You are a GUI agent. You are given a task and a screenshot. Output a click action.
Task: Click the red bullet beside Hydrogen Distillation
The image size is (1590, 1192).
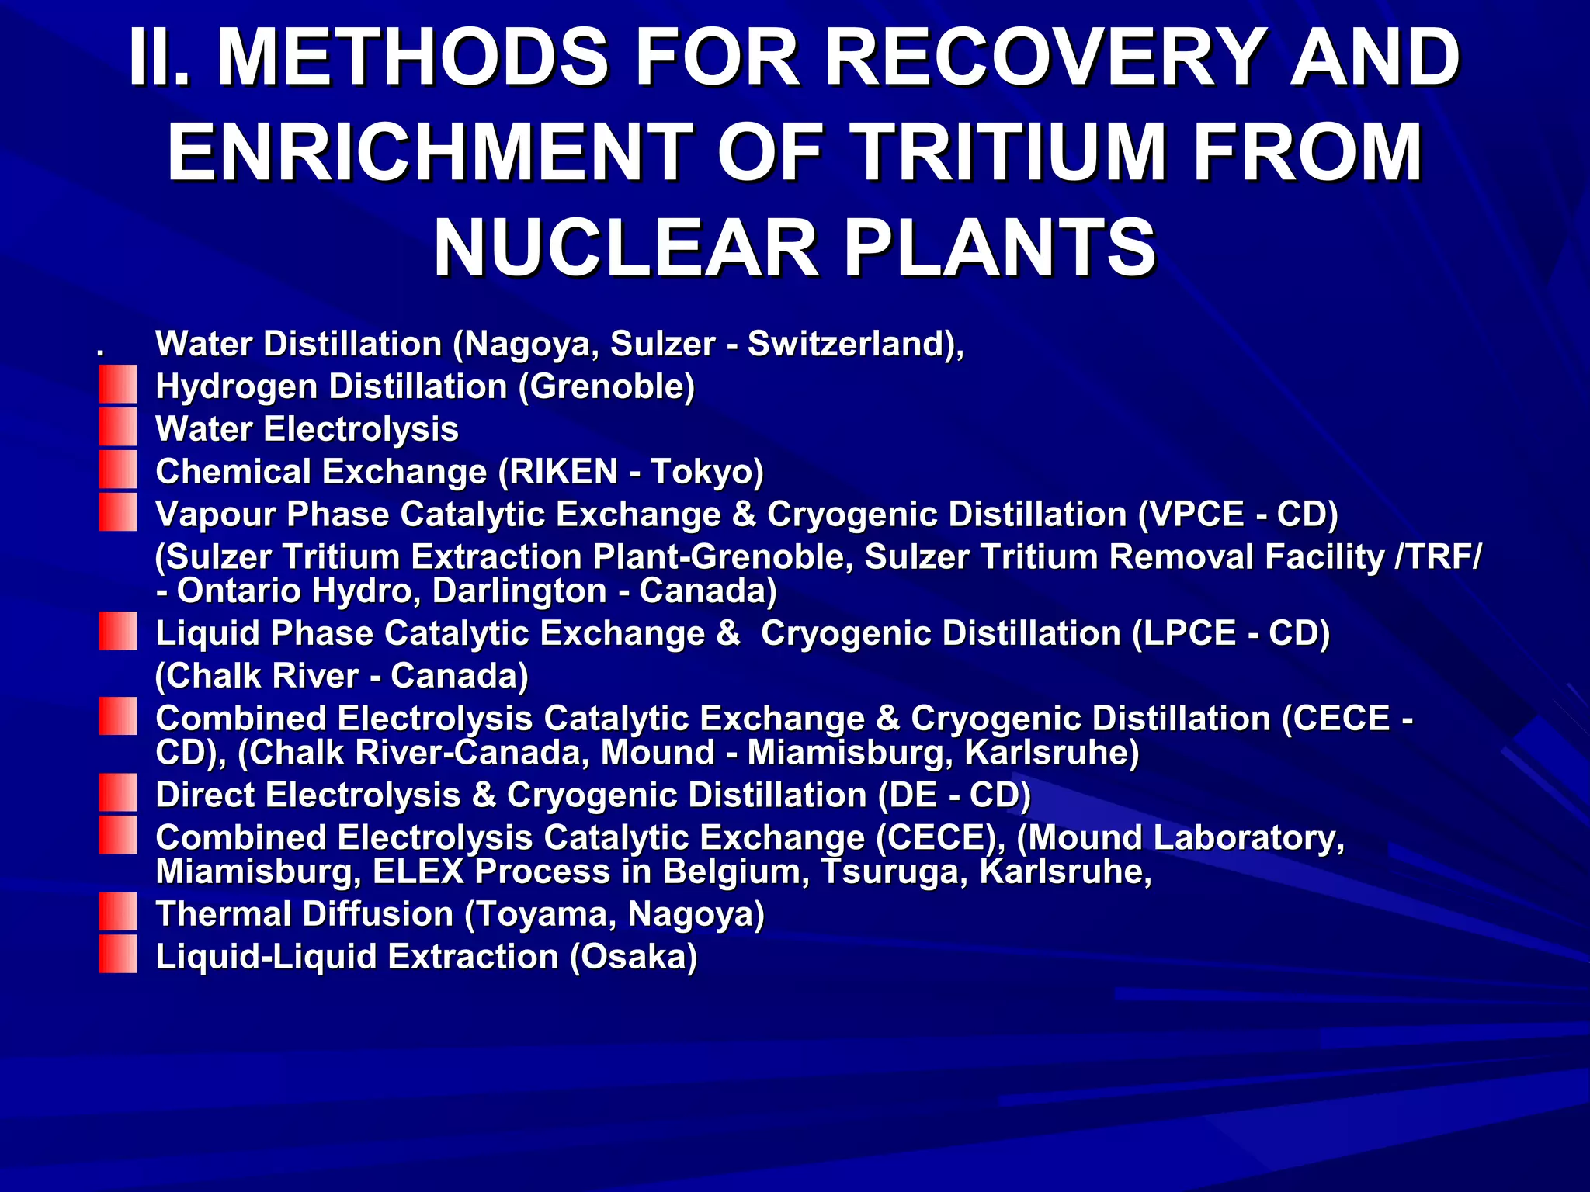click(118, 386)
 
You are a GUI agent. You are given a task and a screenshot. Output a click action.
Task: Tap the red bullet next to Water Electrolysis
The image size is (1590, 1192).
click(118, 428)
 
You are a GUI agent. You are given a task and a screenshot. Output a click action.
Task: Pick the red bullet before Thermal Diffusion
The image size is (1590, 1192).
click(118, 913)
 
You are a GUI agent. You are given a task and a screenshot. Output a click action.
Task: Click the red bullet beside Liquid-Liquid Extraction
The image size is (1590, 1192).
click(118, 955)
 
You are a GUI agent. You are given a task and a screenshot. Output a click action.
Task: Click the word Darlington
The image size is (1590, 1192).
click(519, 591)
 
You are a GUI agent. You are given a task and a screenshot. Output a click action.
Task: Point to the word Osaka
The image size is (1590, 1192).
click(633, 956)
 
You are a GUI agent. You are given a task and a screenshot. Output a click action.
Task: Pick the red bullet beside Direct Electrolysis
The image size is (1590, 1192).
click(118, 793)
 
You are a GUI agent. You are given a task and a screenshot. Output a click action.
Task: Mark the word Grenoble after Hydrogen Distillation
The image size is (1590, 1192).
click(606, 386)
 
